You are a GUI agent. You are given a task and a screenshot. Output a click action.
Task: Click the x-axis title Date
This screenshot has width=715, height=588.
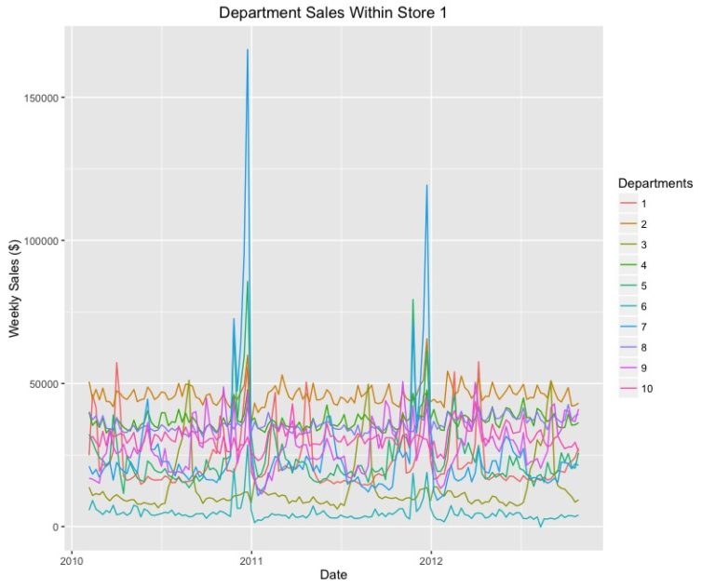pyautogui.click(x=333, y=575)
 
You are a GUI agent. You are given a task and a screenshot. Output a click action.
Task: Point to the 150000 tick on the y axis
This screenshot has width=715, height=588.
pyautogui.click(x=43, y=98)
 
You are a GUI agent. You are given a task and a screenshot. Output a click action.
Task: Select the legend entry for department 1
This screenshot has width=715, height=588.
pyautogui.click(x=641, y=204)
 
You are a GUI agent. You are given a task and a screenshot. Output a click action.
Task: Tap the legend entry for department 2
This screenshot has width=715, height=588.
pyautogui.click(x=641, y=224)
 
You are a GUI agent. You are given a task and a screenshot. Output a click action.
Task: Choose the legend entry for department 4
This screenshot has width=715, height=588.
pyautogui.click(x=641, y=265)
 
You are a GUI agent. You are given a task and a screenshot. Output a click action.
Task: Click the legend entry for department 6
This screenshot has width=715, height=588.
pyautogui.click(x=641, y=306)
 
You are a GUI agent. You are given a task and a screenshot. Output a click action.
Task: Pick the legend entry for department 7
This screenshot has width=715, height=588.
pyautogui.click(x=641, y=327)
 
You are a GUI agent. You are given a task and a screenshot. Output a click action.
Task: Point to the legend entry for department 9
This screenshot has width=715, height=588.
pyautogui.click(x=641, y=367)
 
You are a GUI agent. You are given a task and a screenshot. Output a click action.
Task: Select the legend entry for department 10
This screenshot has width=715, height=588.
pyautogui.click(x=642, y=388)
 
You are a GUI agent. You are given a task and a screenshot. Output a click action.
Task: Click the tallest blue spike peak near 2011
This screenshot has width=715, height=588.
pyautogui.click(x=248, y=50)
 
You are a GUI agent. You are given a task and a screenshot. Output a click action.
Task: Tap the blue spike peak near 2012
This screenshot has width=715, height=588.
pyautogui.click(x=427, y=185)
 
